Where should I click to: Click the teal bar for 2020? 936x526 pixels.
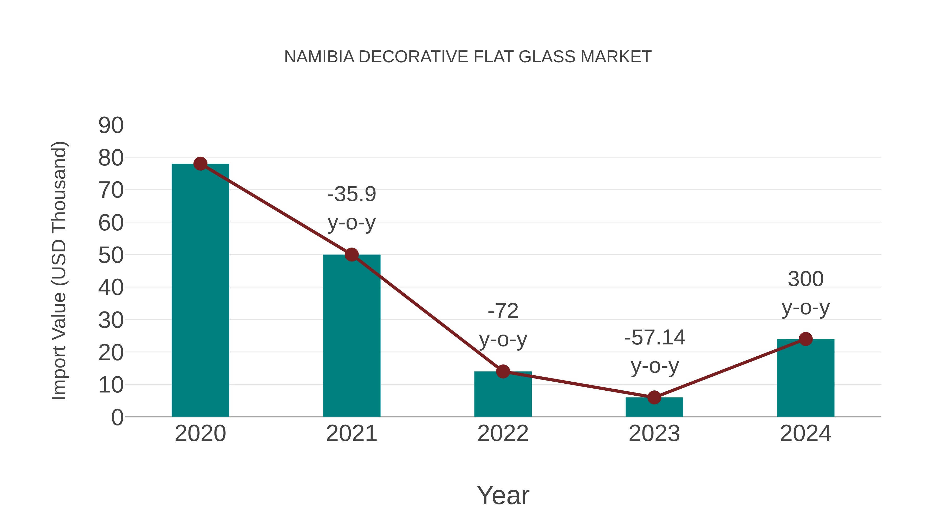click(x=200, y=290)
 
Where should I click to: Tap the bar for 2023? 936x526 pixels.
click(x=654, y=407)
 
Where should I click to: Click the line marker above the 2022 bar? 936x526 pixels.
click(x=503, y=371)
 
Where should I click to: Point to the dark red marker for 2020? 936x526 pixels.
click(x=200, y=164)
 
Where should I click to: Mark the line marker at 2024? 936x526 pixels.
click(x=805, y=339)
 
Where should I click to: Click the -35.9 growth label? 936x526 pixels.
click(x=351, y=194)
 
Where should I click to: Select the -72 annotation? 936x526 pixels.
click(x=503, y=311)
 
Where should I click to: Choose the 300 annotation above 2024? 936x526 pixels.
click(x=805, y=279)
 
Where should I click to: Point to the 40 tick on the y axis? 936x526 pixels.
click(x=111, y=288)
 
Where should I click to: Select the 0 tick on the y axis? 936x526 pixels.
click(x=117, y=417)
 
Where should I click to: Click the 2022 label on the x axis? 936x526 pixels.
click(x=503, y=434)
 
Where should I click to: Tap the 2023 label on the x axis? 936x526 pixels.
click(x=654, y=434)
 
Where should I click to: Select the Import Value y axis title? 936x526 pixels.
click(x=59, y=270)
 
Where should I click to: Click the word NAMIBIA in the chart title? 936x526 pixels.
click(x=319, y=57)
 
